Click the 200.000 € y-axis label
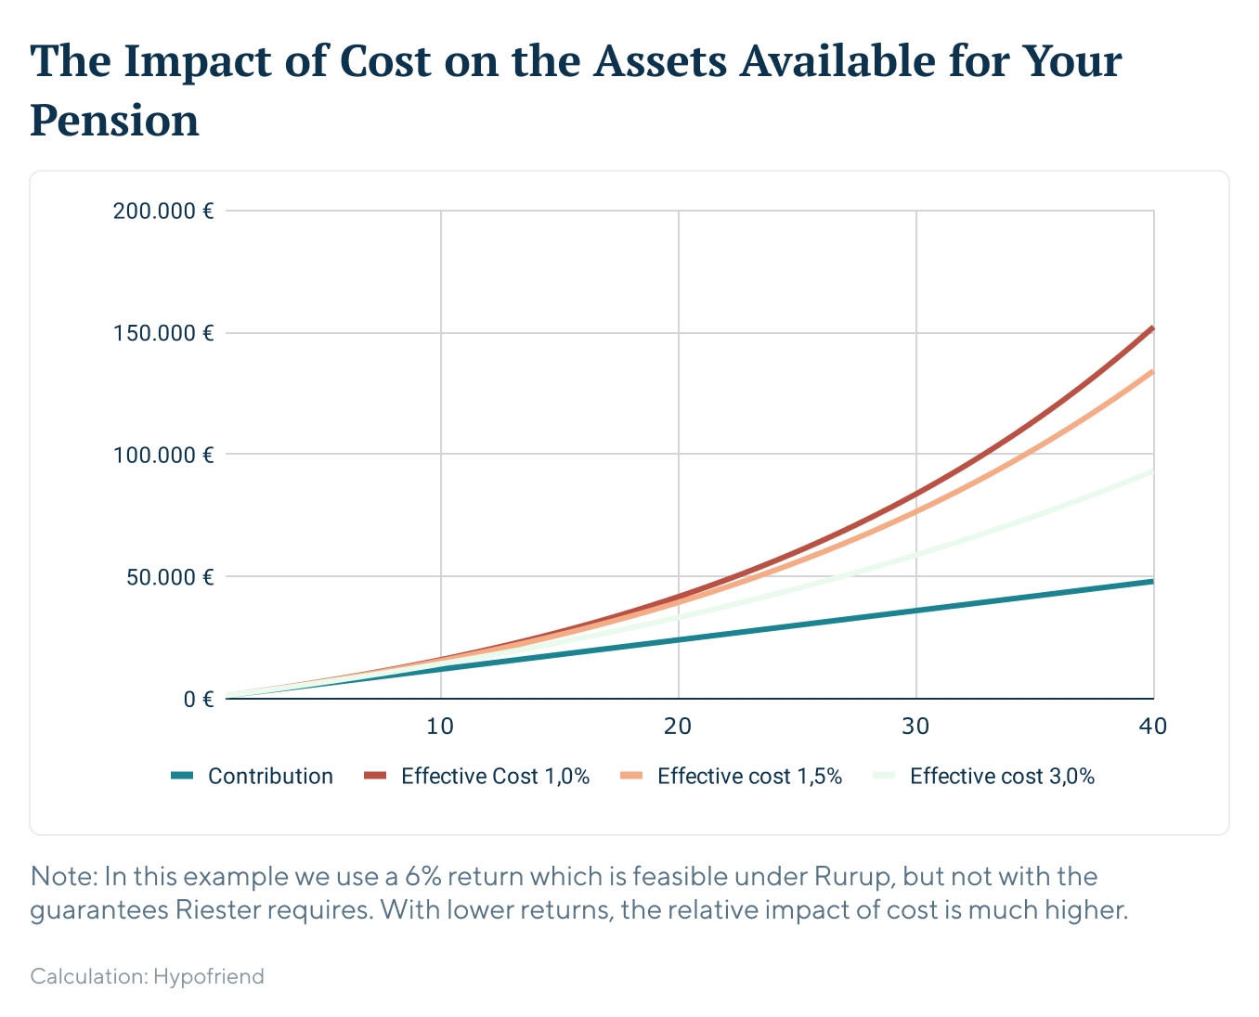(x=163, y=211)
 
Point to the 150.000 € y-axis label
(x=163, y=333)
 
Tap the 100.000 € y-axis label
(x=163, y=455)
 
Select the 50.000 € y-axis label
(x=169, y=577)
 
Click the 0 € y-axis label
(x=198, y=700)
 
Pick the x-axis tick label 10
(x=440, y=727)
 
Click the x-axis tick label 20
(x=678, y=727)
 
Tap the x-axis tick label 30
(x=915, y=727)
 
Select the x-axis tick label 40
(x=1152, y=727)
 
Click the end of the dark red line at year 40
(x=1152, y=328)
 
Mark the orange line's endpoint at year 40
(x=1152, y=372)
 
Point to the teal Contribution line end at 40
(x=1152, y=582)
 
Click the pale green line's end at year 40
(x=1152, y=471)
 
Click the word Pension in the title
(x=114, y=121)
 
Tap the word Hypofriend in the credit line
(x=209, y=976)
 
